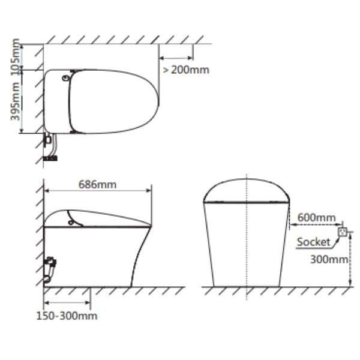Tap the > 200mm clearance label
click(x=185, y=70)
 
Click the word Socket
click(x=313, y=242)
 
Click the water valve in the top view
click(x=46, y=139)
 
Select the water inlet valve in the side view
click(x=51, y=262)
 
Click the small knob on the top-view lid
click(x=65, y=78)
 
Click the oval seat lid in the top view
click(x=114, y=100)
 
